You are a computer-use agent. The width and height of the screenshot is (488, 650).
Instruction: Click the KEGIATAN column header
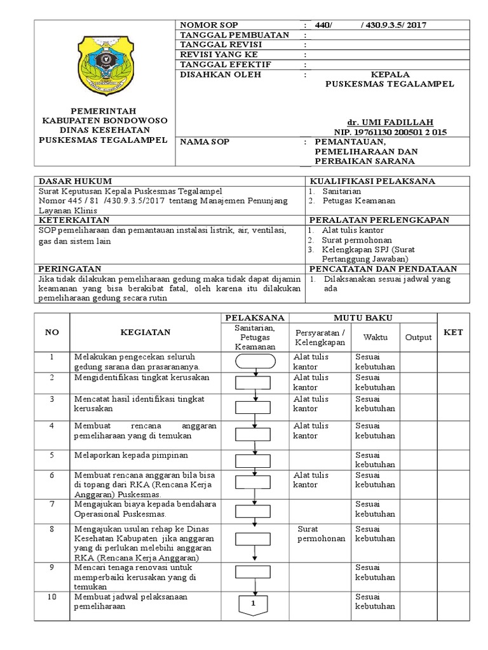[143, 331]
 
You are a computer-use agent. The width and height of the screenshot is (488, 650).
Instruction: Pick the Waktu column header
[376, 337]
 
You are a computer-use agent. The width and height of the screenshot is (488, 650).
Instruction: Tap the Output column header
[418, 337]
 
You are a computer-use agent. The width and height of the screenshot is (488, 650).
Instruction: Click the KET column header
[454, 332]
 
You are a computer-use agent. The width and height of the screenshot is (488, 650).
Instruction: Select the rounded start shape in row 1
[255, 361]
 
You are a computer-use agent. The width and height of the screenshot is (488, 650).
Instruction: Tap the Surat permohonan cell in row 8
[320, 533]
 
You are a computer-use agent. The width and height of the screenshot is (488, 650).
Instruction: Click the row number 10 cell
[52, 597]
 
